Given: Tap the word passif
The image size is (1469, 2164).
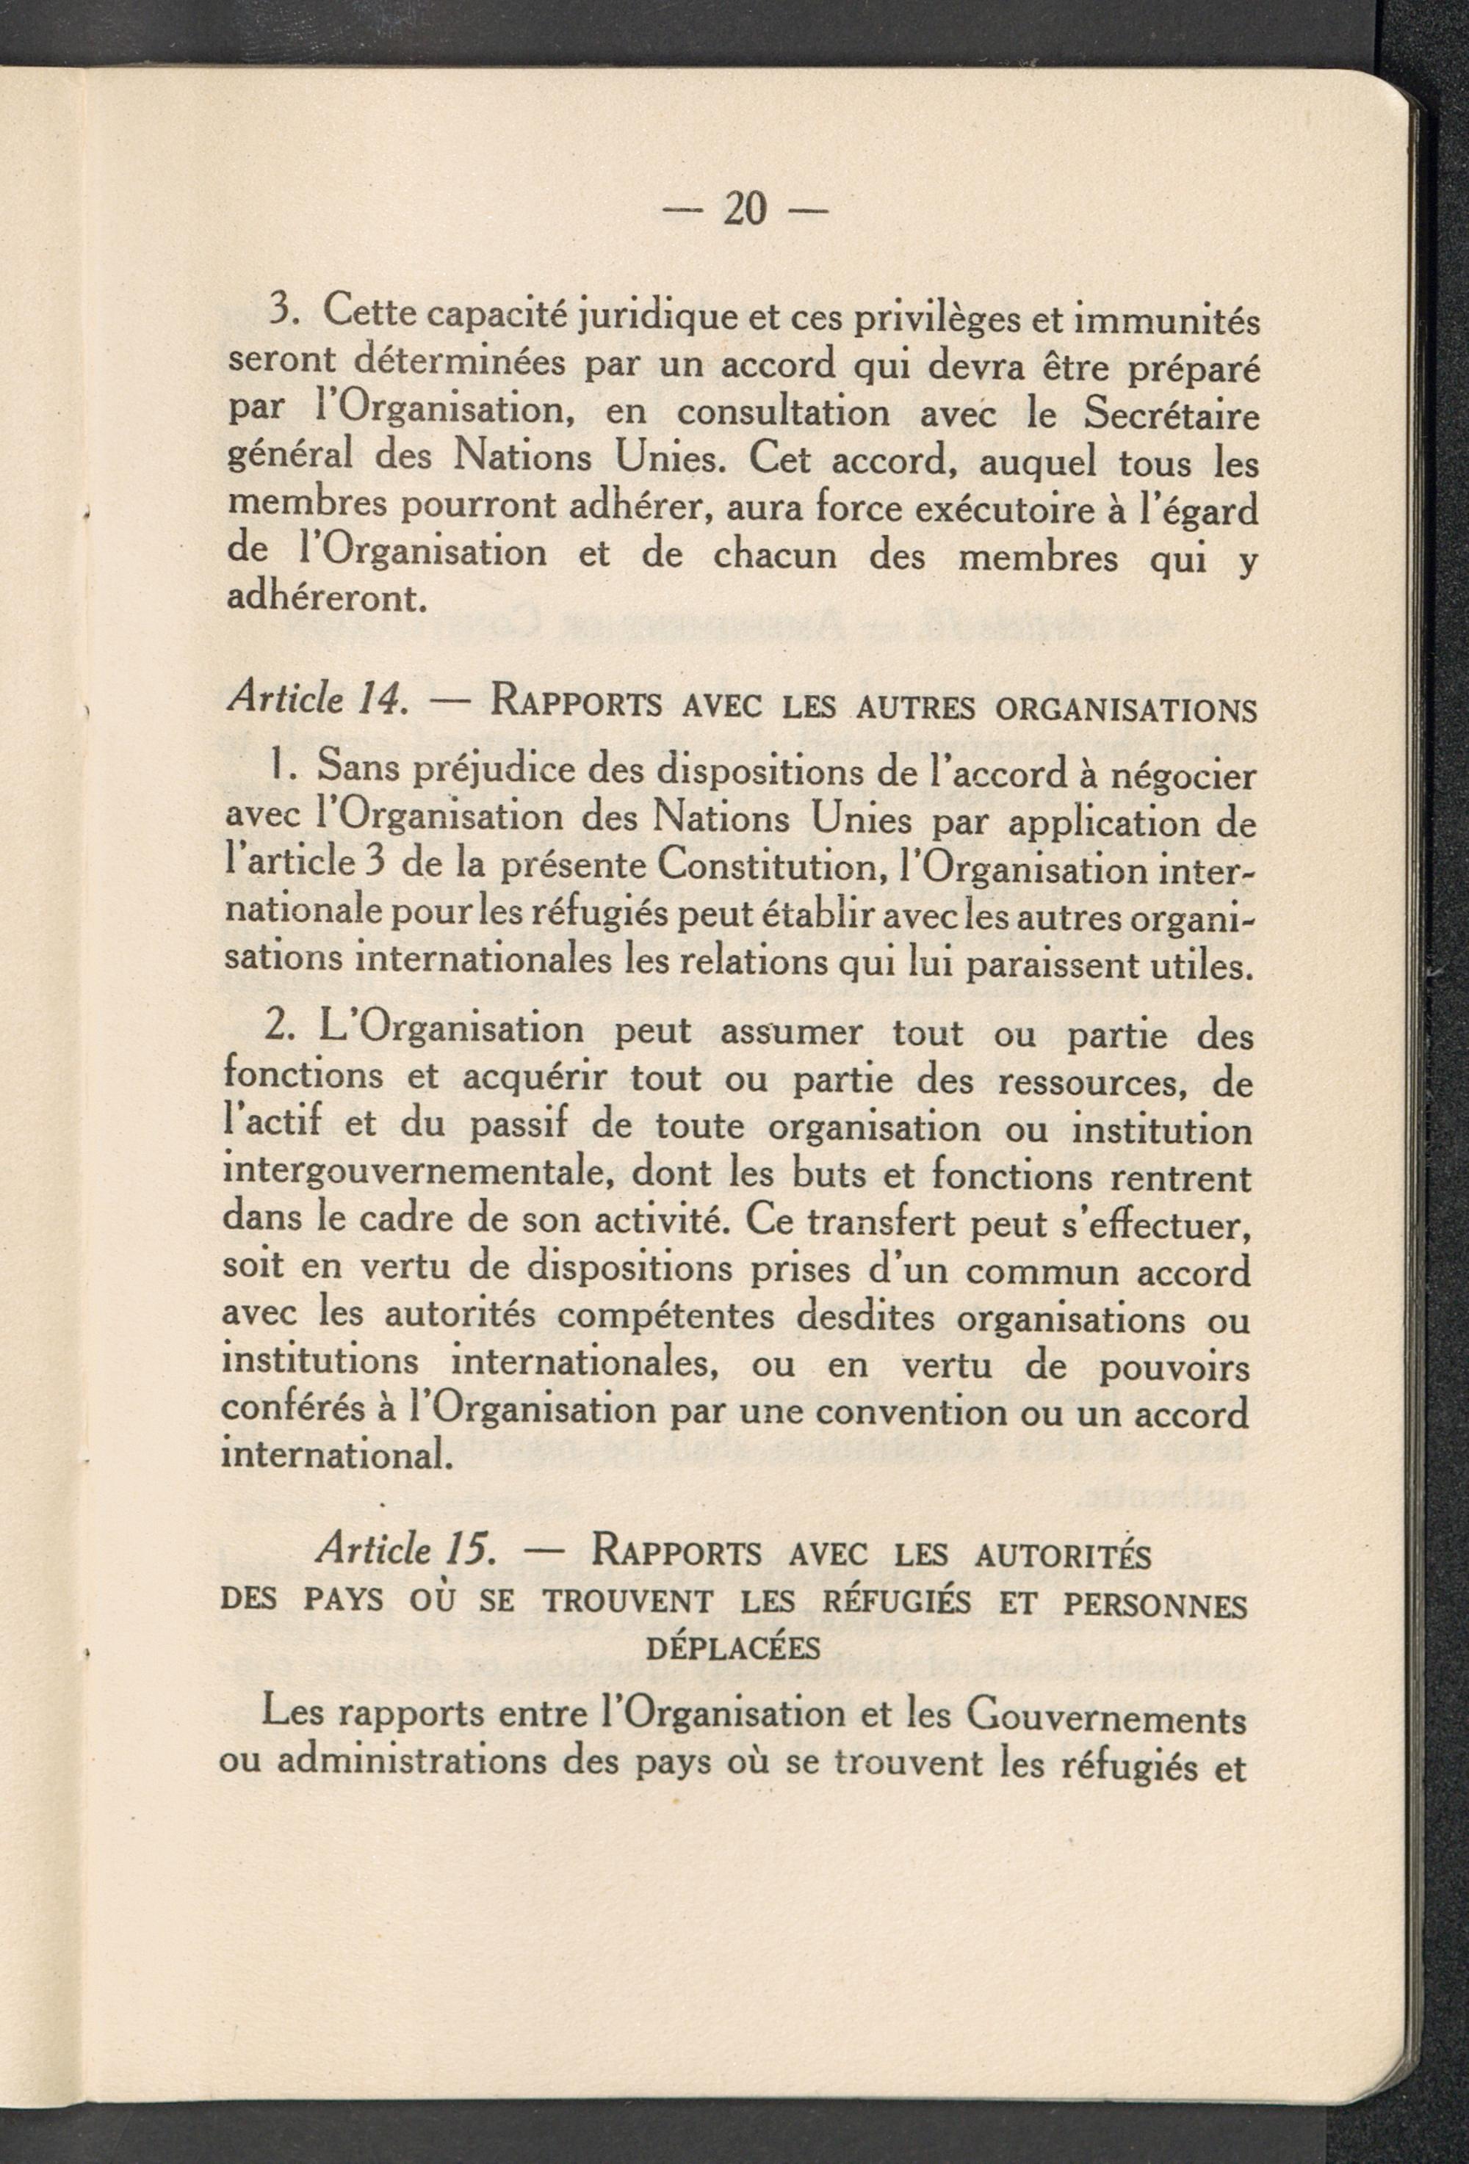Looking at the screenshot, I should click(515, 1128).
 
